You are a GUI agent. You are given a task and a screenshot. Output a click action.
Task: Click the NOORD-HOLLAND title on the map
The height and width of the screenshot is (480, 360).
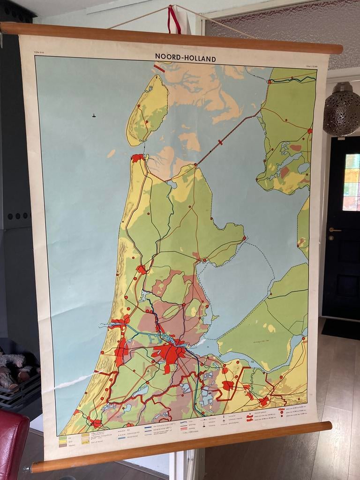point(185,58)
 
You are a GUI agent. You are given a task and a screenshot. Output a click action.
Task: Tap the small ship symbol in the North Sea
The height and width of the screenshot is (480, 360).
point(94,115)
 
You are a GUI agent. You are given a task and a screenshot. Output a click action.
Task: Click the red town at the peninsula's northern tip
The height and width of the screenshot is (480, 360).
point(137,158)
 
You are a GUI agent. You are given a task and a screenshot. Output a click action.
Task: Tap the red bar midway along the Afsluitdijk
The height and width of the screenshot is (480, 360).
point(220,142)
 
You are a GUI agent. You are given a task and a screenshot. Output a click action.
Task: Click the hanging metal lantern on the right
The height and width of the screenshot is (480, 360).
point(341,109)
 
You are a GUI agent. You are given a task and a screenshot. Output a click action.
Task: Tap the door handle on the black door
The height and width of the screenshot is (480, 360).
point(335,230)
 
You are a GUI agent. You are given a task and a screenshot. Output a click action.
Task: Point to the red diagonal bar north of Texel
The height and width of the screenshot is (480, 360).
point(159,68)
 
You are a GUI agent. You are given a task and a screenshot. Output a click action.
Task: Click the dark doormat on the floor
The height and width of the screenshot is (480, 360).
point(340,328)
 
